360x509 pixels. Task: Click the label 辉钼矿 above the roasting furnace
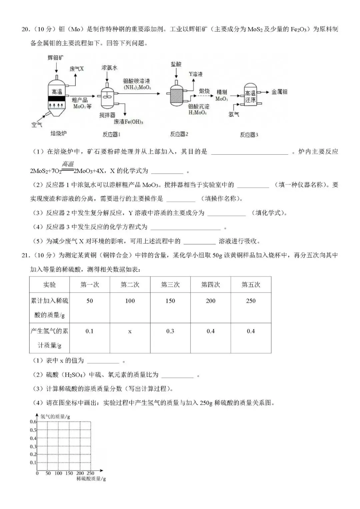[56, 58]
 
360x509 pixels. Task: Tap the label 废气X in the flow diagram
[77, 69]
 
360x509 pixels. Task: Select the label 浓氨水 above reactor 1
[109, 68]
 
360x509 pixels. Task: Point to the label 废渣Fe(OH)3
[128, 122]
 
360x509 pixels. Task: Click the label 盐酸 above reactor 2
[176, 64]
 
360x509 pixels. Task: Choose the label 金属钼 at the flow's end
[279, 92]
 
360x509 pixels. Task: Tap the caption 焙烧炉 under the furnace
[58, 133]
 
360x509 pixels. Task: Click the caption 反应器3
[249, 135]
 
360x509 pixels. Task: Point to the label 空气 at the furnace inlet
[37, 125]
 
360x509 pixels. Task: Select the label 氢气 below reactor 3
[234, 114]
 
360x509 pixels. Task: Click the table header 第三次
[170, 285]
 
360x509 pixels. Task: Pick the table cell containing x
[130, 331]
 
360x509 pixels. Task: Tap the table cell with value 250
[251, 301]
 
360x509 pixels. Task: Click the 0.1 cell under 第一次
[90, 331]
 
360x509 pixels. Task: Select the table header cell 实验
[49, 285]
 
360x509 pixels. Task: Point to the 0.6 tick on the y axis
[33, 422]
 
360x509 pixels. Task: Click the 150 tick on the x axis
[69, 473]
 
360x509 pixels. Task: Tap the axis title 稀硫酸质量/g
[91, 479]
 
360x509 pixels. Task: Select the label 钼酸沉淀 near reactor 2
[199, 107]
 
